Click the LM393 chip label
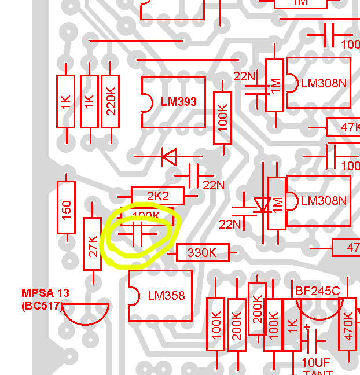(x=179, y=102)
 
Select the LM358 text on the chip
(x=166, y=296)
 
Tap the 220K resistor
(x=111, y=101)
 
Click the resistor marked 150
(x=66, y=207)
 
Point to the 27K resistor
(x=93, y=243)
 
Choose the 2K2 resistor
(x=157, y=196)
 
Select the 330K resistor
(x=201, y=252)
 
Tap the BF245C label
(x=318, y=291)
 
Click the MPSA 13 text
(x=45, y=293)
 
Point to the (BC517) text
(x=41, y=305)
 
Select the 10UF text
(x=316, y=362)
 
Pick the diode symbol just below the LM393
(x=170, y=156)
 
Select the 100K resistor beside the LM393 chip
(x=222, y=117)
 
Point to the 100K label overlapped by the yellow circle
(x=146, y=216)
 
